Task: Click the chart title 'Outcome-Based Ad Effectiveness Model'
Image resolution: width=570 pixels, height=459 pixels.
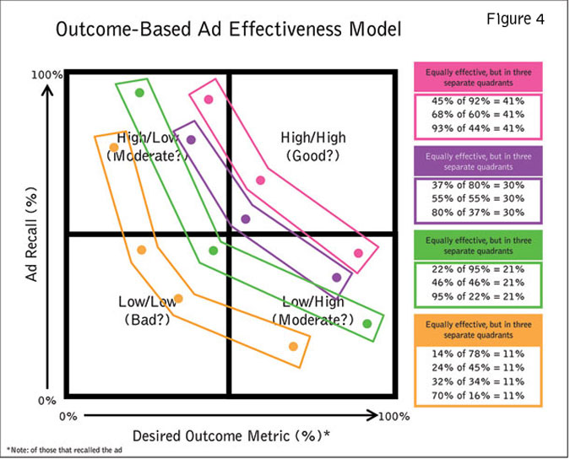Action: (x=226, y=31)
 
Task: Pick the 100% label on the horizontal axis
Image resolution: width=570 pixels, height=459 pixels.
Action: (x=393, y=416)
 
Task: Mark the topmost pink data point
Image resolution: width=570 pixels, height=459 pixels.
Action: (x=209, y=100)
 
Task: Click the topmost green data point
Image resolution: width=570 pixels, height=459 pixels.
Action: (x=140, y=93)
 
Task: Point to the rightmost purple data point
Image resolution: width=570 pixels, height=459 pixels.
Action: (x=338, y=277)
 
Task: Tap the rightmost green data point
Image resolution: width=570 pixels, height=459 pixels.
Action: (x=366, y=323)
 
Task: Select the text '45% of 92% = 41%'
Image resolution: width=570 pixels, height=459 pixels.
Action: (x=478, y=101)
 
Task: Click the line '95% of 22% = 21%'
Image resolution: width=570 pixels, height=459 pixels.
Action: (x=478, y=295)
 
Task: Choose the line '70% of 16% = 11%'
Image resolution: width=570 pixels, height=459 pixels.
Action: (x=478, y=395)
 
